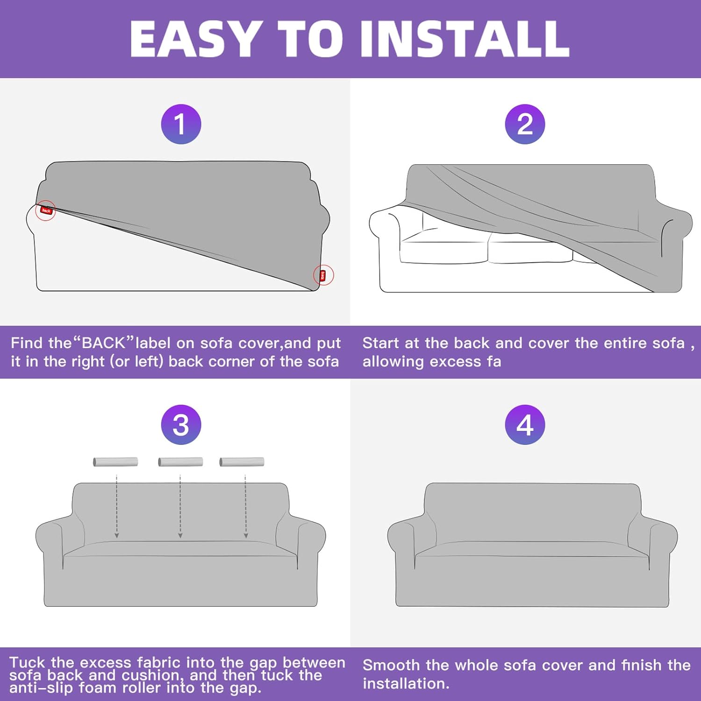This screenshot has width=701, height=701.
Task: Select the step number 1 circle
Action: (x=181, y=124)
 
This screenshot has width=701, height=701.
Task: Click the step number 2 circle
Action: (x=525, y=124)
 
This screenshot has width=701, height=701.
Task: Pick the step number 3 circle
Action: (x=181, y=425)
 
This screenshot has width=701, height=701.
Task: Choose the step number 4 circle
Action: (x=525, y=425)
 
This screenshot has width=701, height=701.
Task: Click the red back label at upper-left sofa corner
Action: (x=46, y=210)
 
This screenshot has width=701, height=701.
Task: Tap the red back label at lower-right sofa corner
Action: (x=322, y=275)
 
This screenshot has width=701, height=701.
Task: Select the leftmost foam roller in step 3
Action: (x=115, y=462)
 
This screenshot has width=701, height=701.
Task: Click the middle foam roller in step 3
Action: (x=180, y=462)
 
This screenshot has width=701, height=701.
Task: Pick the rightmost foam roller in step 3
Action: (x=242, y=462)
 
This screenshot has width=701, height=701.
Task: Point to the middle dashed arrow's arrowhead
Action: (x=180, y=536)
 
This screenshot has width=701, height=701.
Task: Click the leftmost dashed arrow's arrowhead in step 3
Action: (x=117, y=536)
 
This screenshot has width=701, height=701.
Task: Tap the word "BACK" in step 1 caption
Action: (x=104, y=343)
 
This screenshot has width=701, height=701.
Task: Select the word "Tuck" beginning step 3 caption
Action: (x=27, y=662)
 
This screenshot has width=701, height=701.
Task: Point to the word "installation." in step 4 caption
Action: (x=406, y=684)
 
